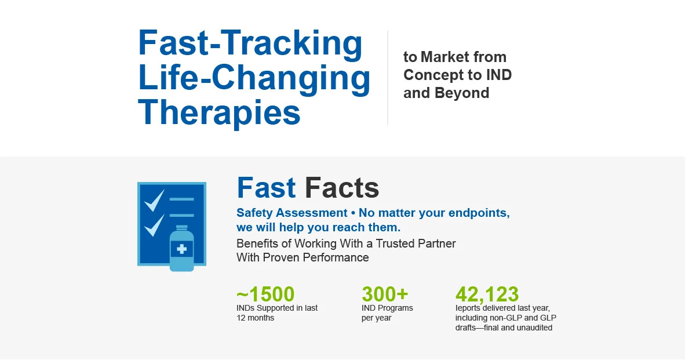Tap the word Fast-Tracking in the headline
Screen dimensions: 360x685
tap(250, 43)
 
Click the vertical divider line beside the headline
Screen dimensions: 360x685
tap(388, 78)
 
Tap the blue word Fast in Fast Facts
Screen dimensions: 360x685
tap(266, 188)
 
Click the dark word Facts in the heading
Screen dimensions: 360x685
tap(342, 188)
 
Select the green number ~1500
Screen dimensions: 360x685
tap(265, 294)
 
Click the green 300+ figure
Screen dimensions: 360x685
tap(385, 294)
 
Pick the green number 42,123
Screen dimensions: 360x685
tap(487, 294)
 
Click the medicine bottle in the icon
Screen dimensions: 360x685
tap(181, 249)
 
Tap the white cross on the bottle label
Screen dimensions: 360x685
tap(181, 250)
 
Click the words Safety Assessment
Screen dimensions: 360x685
tap(292, 213)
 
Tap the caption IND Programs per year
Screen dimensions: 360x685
tap(387, 313)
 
